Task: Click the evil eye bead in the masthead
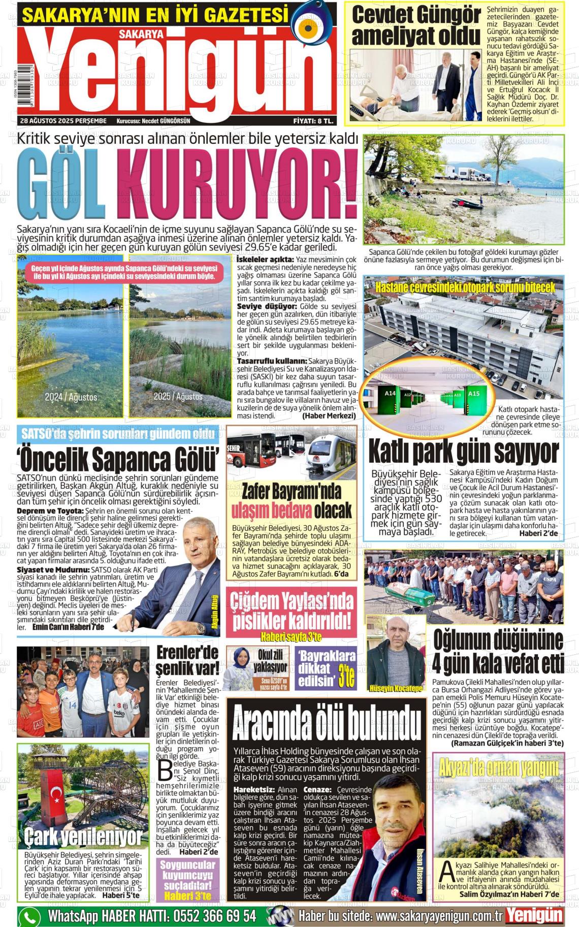(x=311, y=26)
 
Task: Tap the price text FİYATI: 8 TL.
(x=313, y=121)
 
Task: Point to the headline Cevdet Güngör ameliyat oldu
(x=415, y=26)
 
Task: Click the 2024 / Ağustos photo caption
(x=71, y=397)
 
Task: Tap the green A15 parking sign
(x=473, y=394)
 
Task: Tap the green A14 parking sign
(x=390, y=394)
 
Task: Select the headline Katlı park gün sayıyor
(x=463, y=451)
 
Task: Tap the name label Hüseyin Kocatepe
(x=396, y=689)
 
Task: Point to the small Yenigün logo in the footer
(x=535, y=915)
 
